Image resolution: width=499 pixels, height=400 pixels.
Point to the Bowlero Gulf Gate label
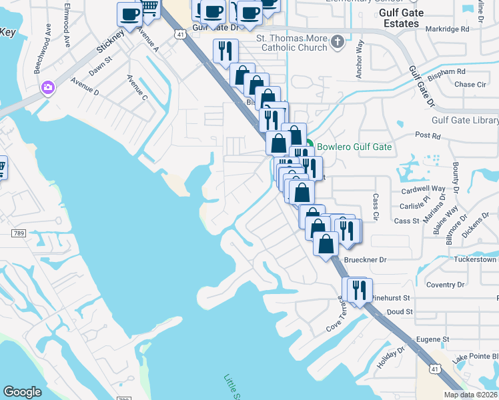tap(354, 147)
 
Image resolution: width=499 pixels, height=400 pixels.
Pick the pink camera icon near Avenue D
tap(47, 87)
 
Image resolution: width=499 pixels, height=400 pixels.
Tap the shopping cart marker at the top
tap(149, 8)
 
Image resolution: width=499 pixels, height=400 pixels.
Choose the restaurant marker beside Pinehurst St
tap(358, 290)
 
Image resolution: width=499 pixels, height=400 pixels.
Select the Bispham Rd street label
tap(446, 71)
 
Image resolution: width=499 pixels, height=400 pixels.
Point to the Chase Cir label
tap(470, 85)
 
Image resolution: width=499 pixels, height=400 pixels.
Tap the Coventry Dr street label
tap(445, 285)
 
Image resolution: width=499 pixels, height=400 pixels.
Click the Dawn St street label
tap(99, 67)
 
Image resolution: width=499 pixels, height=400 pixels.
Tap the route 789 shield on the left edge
tap(19, 233)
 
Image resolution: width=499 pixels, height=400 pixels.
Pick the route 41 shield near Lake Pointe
tap(434, 368)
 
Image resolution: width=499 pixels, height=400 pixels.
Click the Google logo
tap(23, 392)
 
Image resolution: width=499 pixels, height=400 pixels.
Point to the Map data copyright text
tap(470, 395)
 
